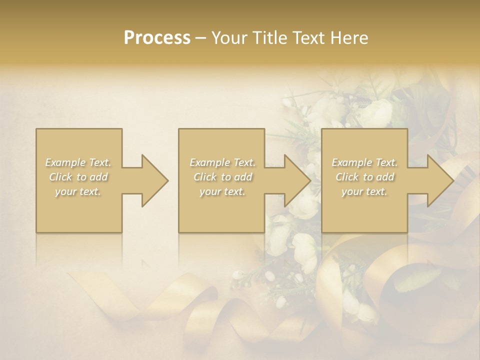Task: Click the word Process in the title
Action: [x=157, y=38]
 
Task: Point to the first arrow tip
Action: [x=167, y=180]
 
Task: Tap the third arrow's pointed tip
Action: [x=453, y=180]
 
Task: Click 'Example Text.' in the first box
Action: [x=78, y=162]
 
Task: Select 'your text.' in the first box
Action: [x=78, y=191]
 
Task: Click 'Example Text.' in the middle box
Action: [x=222, y=162]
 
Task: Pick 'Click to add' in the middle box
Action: [x=222, y=177]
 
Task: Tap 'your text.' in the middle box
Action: [x=222, y=191]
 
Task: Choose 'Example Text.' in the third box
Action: [x=364, y=162]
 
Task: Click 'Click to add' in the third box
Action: [x=364, y=177]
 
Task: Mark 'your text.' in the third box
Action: [x=364, y=191]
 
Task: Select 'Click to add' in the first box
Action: [x=78, y=177]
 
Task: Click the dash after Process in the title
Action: [x=201, y=38]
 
